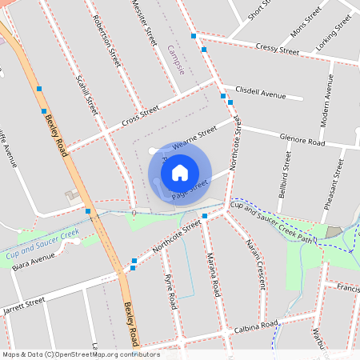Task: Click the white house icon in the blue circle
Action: point(180,173)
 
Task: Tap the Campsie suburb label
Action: point(177,60)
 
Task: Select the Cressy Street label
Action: point(278,50)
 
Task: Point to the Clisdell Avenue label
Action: point(260,93)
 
